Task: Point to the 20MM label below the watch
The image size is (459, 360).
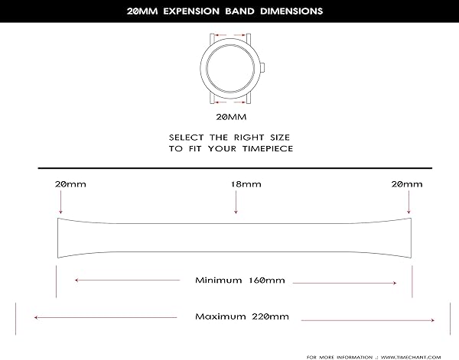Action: pyautogui.click(x=230, y=117)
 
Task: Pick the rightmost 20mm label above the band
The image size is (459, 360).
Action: pyautogui.click(x=406, y=185)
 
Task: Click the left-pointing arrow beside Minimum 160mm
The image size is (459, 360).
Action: pyautogui.click(x=122, y=281)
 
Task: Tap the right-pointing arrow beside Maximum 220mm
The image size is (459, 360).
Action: pyautogui.click(x=367, y=318)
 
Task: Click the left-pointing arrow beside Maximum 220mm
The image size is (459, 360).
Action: pyautogui.click(x=92, y=316)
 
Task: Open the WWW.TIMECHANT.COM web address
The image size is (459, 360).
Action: pyautogui.click(x=409, y=355)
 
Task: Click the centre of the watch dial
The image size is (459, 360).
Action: pyautogui.click(x=230, y=67)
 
